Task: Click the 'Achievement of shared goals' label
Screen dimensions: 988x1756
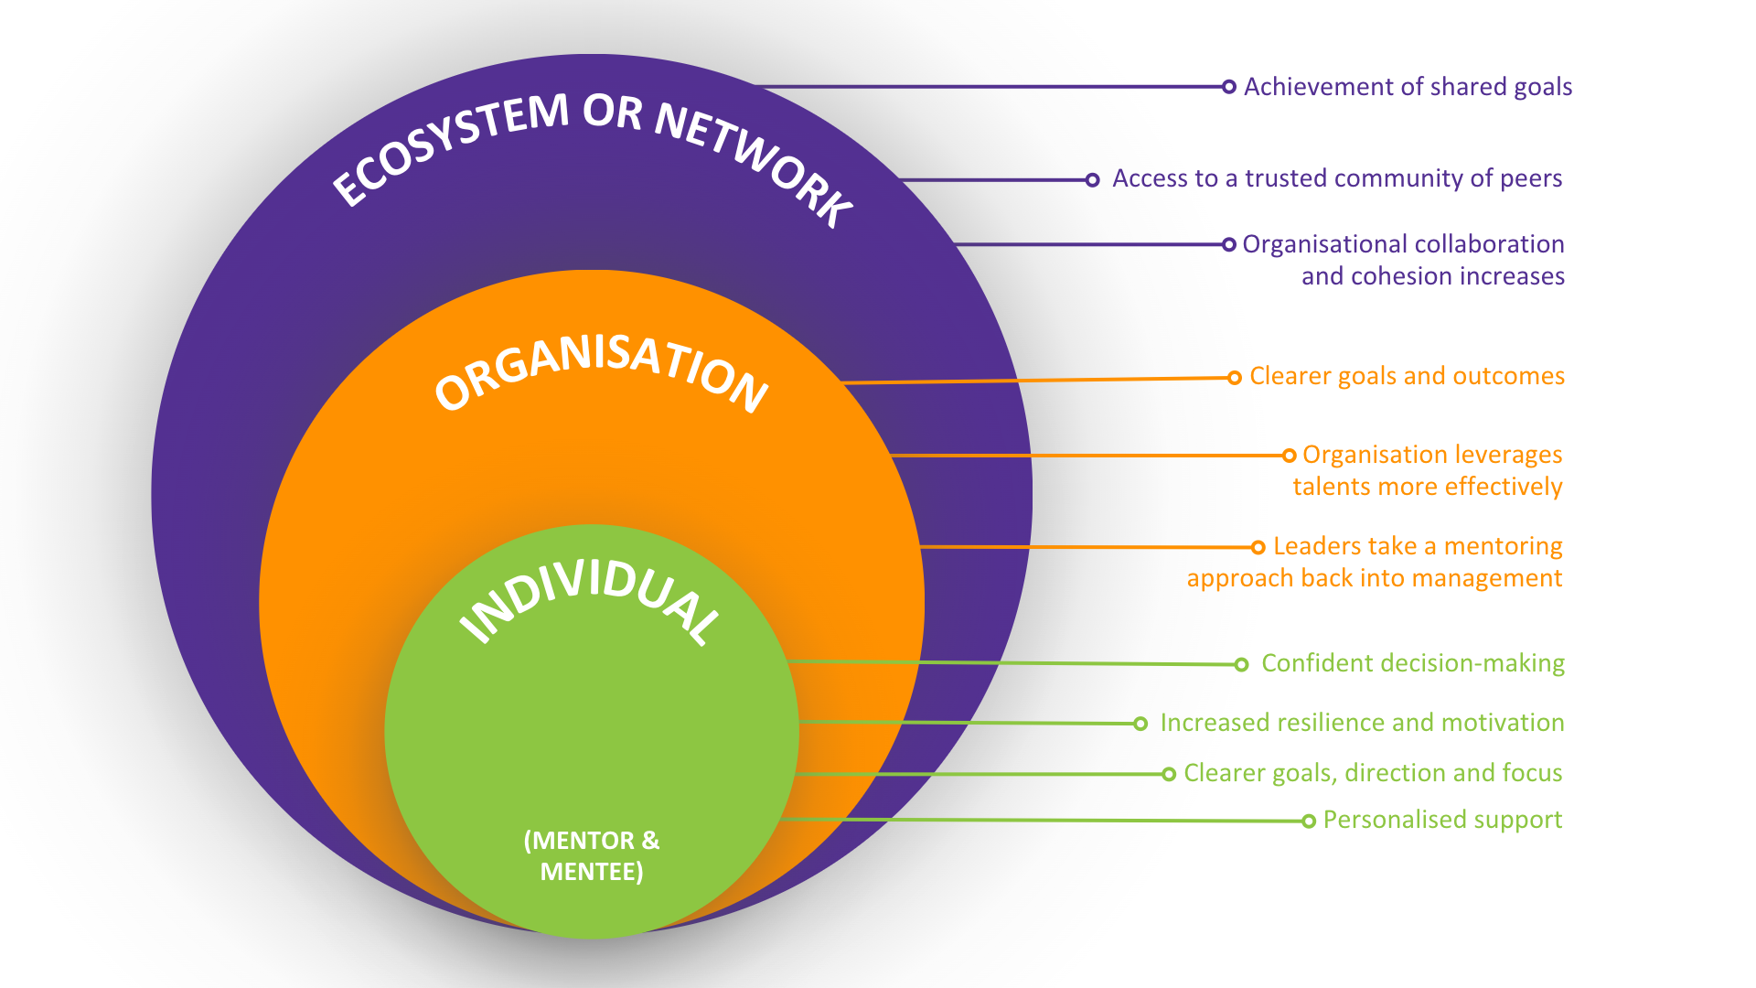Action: click(x=1408, y=87)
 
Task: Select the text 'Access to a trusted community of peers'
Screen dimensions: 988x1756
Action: click(x=1336, y=178)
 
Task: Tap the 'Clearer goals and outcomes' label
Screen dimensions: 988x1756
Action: click(x=1407, y=376)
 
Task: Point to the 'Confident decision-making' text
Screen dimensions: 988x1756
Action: click(x=1412, y=663)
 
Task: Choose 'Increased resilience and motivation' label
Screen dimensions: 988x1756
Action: click(x=1361, y=723)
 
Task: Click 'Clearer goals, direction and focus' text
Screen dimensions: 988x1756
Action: click(x=1372, y=773)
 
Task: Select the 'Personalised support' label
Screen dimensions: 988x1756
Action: click(x=1442, y=820)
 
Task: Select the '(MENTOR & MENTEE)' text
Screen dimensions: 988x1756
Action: click(x=592, y=855)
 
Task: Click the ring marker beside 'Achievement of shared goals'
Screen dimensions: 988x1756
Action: click(x=1229, y=87)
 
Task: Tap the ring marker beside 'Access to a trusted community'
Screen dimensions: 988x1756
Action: click(x=1092, y=180)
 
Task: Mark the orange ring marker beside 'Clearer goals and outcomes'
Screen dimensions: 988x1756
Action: click(x=1235, y=378)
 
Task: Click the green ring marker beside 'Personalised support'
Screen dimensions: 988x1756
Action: click(x=1309, y=822)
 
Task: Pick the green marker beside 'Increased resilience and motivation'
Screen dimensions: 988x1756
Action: click(x=1140, y=724)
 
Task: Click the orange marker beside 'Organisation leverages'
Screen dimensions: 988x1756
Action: click(x=1290, y=456)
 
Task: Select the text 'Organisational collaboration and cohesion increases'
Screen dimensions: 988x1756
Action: click(x=1404, y=260)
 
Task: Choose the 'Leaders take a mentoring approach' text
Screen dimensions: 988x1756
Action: click(x=1375, y=562)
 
